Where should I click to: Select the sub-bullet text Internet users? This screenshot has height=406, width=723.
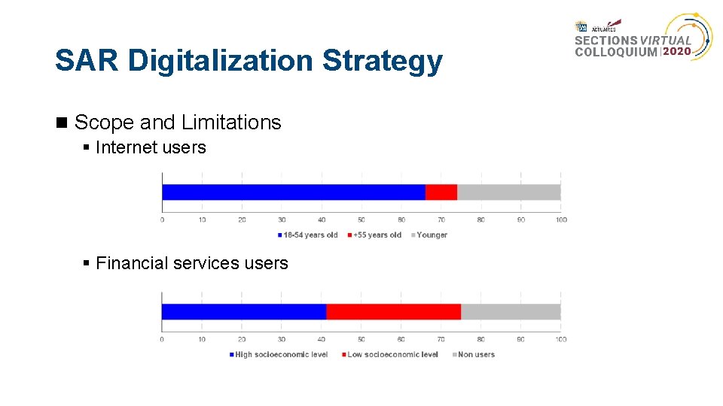(151, 147)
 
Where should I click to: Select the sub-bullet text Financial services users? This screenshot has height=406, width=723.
(192, 263)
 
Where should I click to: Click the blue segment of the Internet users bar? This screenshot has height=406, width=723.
(294, 192)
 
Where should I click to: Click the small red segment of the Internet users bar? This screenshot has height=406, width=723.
(441, 192)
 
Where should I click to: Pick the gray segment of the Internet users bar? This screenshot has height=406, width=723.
(508, 192)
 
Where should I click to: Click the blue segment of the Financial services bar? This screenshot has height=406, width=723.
(244, 311)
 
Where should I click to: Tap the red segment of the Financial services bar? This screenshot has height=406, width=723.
(393, 311)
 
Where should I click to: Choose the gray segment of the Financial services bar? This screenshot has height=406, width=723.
(511, 311)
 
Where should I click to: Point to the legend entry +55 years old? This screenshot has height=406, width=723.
(377, 235)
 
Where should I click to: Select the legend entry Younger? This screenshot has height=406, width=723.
(432, 235)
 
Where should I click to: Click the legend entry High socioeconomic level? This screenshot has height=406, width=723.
(281, 355)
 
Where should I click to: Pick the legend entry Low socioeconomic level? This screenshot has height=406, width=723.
(392, 355)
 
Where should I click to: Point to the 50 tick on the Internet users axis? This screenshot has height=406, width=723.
(361, 220)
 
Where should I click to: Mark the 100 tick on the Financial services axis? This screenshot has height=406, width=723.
(561, 339)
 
